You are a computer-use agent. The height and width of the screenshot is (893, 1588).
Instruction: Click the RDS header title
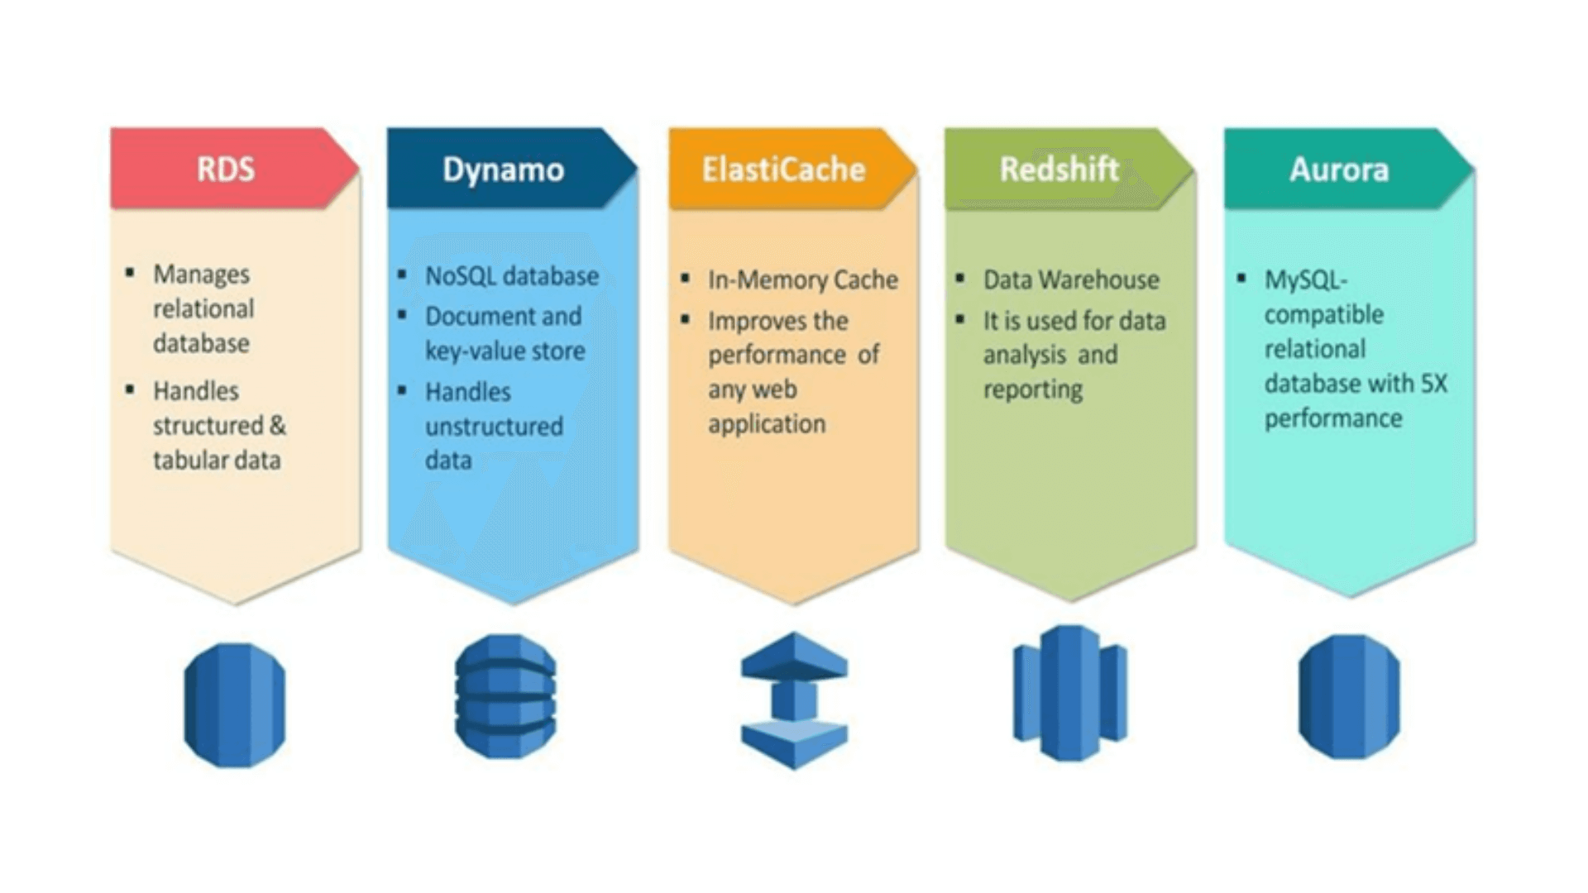226,170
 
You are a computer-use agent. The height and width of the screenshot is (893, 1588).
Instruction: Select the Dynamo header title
503,170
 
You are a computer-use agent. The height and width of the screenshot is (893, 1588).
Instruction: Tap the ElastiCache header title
783,170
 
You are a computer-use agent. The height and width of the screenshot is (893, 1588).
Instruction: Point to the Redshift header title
1059,169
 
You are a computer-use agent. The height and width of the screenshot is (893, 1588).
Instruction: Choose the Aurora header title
1339,170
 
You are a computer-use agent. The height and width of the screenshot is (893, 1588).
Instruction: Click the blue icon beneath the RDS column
235,705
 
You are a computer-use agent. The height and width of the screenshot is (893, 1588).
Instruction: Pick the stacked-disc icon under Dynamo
505,696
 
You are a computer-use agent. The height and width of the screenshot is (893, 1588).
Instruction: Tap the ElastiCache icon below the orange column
794,700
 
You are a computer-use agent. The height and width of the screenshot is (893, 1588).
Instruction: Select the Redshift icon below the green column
1070,693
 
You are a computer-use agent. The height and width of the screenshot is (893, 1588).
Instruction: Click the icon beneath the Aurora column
1349,696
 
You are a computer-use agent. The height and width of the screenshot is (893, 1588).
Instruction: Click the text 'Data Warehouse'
1071,280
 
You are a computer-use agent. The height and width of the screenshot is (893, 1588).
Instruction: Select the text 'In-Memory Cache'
802,280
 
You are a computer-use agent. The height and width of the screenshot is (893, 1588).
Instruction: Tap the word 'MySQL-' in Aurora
1306,281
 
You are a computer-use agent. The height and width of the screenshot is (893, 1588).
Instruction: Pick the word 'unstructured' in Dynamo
494,427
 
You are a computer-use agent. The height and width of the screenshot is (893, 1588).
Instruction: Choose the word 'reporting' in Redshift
1033,389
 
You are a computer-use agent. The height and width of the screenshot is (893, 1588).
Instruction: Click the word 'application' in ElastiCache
767,424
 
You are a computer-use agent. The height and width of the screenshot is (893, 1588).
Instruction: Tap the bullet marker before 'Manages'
130,272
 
